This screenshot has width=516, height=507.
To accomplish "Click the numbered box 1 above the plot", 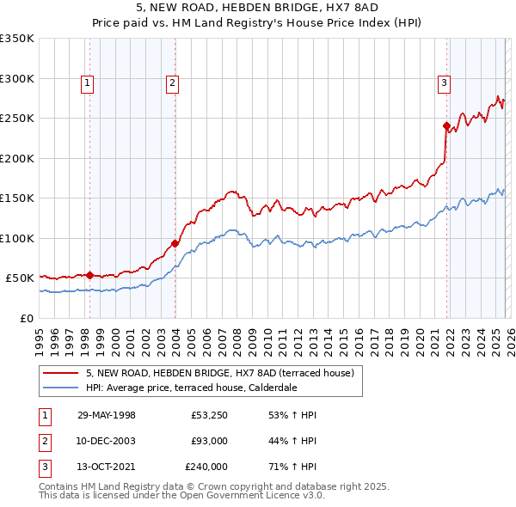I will tap(89, 83).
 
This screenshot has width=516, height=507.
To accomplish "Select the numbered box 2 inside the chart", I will tap(173, 83).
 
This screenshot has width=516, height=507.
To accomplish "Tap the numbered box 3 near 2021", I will tap(444, 83).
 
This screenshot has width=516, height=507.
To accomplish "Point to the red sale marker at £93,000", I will tap(175, 243).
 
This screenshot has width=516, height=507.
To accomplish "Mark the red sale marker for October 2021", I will tap(446, 125).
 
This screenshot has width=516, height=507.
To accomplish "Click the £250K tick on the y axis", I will tap(17, 119).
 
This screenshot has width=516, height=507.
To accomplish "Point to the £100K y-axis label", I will tap(17, 238).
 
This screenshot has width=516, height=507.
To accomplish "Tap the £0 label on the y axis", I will tap(27, 318).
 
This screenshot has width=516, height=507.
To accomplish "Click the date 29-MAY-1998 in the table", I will tap(106, 415).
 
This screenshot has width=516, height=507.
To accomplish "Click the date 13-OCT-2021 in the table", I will tap(106, 467).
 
